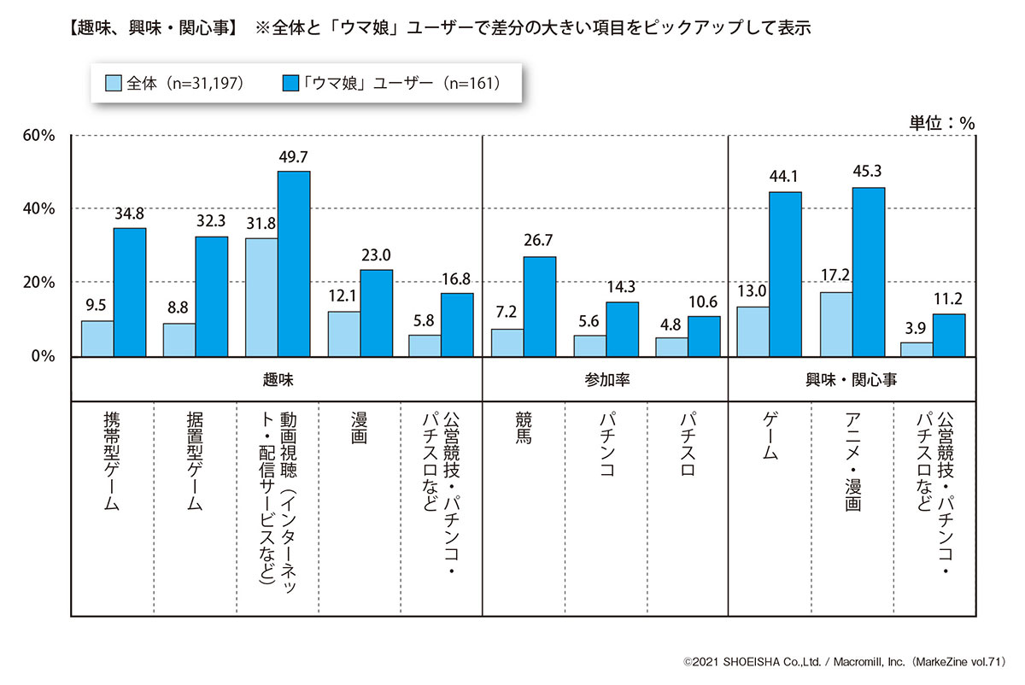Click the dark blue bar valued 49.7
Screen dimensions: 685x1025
tap(294, 263)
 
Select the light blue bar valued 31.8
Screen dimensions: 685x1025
tap(261, 296)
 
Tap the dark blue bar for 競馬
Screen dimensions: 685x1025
tap(540, 306)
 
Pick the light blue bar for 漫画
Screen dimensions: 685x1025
tap(343, 333)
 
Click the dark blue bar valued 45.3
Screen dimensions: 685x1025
tap(868, 272)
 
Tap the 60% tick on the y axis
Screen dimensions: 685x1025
tap(38, 135)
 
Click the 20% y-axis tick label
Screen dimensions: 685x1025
tap(38, 282)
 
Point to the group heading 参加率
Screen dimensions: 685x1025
tap(605, 378)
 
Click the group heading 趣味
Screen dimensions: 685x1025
tap(277, 378)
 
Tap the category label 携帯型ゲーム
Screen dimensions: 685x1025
tap(112, 461)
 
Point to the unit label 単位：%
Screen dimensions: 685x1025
tap(942, 122)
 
